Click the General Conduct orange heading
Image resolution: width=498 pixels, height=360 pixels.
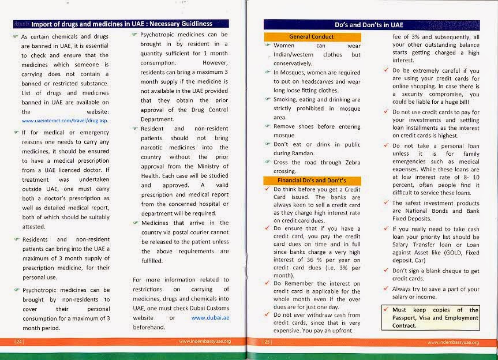pyautogui.click(x=311, y=37)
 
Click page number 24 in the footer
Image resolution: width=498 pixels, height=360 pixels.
pyautogui.click(x=18, y=342)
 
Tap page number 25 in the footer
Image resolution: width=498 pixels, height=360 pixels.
pyautogui.click(x=267, y=342)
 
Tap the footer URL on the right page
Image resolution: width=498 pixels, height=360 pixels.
pyautogui.click(x=454, y=342)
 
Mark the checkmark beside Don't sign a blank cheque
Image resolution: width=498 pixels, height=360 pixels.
pyautogui.click(x=386, y=271)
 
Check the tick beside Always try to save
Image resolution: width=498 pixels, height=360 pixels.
pyautogui.click(x=386, y=288)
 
